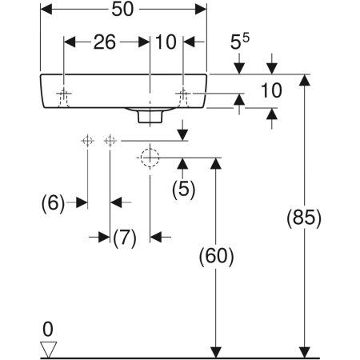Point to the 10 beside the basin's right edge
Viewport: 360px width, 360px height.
click(271, 90)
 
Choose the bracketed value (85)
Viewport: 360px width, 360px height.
click(304, 217)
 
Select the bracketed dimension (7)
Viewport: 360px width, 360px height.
click(125, 237)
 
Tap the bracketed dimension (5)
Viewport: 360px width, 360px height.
click(183, 190)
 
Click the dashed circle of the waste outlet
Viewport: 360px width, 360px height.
click(149, 158)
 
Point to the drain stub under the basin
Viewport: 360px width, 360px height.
click(150, 117)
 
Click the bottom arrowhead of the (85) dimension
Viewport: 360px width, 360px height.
click(304, 352)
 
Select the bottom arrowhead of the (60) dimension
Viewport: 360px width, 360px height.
click(215, 352)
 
